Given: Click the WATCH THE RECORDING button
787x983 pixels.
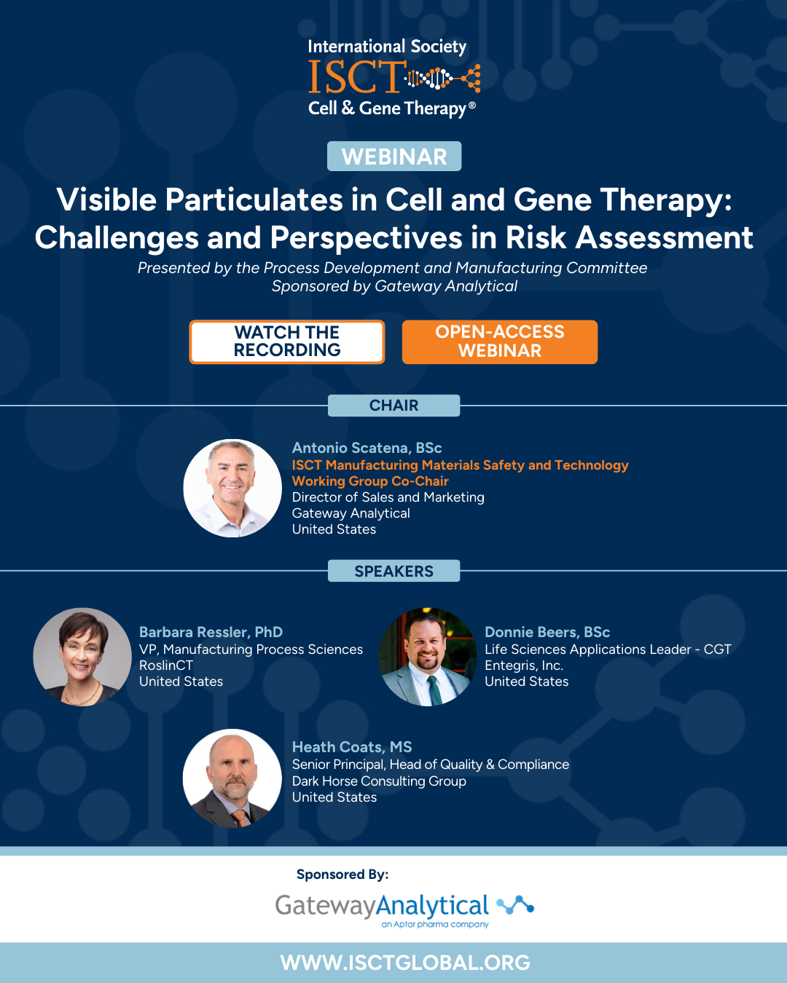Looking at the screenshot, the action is (286, 342).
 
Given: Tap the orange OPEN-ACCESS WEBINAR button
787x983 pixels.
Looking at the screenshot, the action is (499, 342).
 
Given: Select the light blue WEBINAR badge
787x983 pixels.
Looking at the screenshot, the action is (393, 157).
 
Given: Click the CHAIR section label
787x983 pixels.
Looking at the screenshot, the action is (393, 405).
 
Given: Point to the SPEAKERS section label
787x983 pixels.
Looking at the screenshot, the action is (393, 571).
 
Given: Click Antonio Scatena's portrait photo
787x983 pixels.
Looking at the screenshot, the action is (232, 489).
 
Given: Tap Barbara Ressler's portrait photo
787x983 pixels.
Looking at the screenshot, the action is (82, 657).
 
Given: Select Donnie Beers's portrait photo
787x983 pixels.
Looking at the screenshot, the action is (428, 657).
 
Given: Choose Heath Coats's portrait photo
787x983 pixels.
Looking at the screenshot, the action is (232, 778).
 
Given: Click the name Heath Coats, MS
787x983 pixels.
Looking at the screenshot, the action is (352, 747).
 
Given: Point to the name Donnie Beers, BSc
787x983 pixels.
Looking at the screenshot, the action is (547, 632).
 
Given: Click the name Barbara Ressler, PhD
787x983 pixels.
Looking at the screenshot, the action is (211, 632).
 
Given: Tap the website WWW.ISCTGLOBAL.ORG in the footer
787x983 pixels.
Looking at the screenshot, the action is (405, 963).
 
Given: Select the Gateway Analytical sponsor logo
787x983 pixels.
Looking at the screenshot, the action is (404, 910).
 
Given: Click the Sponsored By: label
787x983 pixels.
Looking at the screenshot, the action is (342, 875).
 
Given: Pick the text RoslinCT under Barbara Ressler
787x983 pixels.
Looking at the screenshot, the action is (166, 665).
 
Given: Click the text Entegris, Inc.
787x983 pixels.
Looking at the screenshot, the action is (524, 666).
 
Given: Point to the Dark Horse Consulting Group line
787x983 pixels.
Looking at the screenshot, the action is (379, 781).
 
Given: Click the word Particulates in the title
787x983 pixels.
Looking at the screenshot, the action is (254, 200).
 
